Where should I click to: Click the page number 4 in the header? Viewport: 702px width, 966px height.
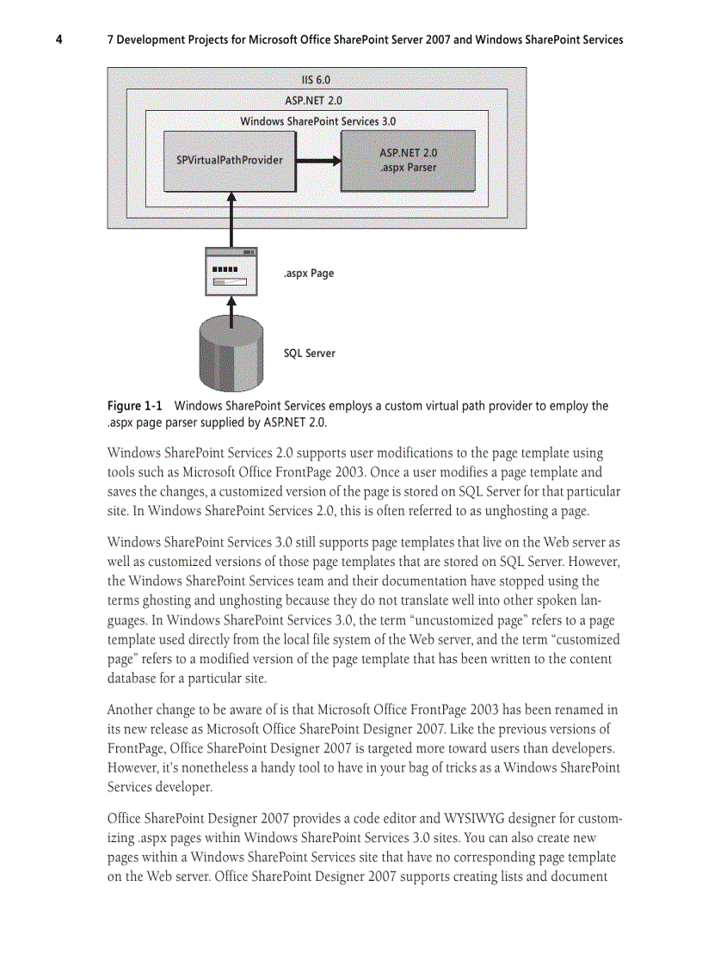pos(59,40)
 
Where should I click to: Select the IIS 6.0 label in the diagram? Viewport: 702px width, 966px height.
pos(316,80)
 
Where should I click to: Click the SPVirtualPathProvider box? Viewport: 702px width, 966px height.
pos(230,160)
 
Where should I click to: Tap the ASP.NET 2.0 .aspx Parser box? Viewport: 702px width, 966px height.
pos(408,160)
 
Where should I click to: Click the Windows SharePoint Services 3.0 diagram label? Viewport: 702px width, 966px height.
pos(317,121)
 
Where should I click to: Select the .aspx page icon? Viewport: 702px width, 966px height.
pos(231,272)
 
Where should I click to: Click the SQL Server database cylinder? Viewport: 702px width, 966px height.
pos(231,353)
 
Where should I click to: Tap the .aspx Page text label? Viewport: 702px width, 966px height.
pos(308,274)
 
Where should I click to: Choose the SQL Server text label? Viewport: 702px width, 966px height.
pos(310,354)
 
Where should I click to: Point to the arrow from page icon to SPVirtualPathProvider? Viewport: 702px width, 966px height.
pos(231,219)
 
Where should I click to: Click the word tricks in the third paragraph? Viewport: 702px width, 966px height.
pos(426,767)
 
